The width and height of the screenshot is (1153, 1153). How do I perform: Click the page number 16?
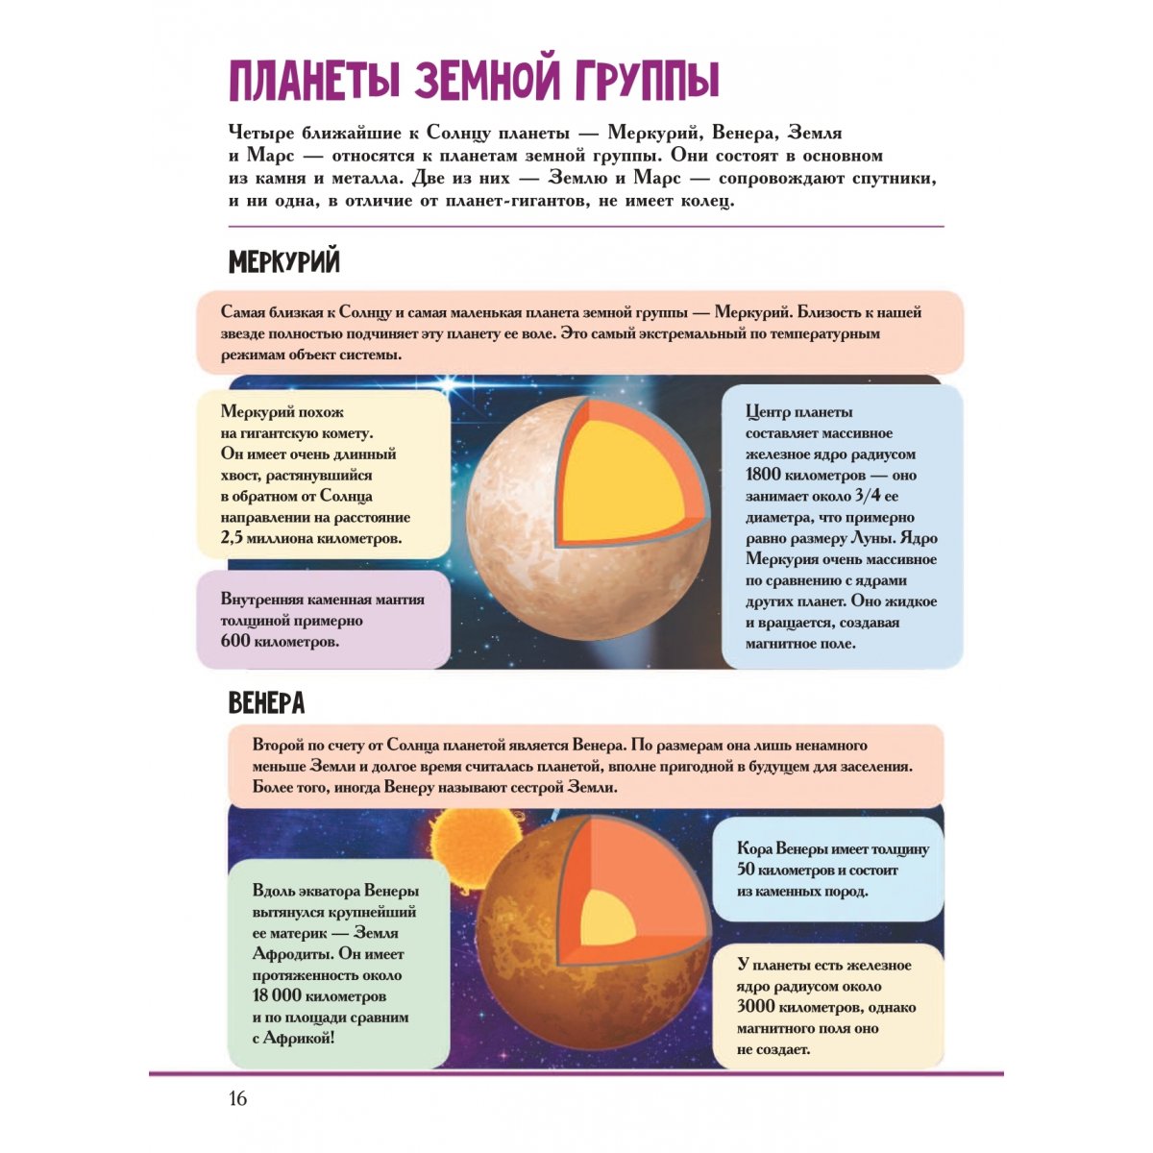(x=237, y=1098)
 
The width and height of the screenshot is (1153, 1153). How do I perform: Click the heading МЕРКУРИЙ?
(x=284, y=262)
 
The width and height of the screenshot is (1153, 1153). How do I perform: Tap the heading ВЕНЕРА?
(x=267, y=703)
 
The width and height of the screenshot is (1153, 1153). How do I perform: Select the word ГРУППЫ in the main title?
(x=648, y=80)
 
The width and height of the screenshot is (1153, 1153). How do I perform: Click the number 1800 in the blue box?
(x=763, y=475)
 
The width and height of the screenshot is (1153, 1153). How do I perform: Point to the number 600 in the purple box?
(x=234, y=641)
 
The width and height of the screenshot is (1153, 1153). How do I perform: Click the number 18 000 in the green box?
(x=277, y=995)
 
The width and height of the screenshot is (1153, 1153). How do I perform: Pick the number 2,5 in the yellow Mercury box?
(x=232, y=537)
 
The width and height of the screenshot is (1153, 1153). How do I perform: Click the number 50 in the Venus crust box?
(x=746, y=869)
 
